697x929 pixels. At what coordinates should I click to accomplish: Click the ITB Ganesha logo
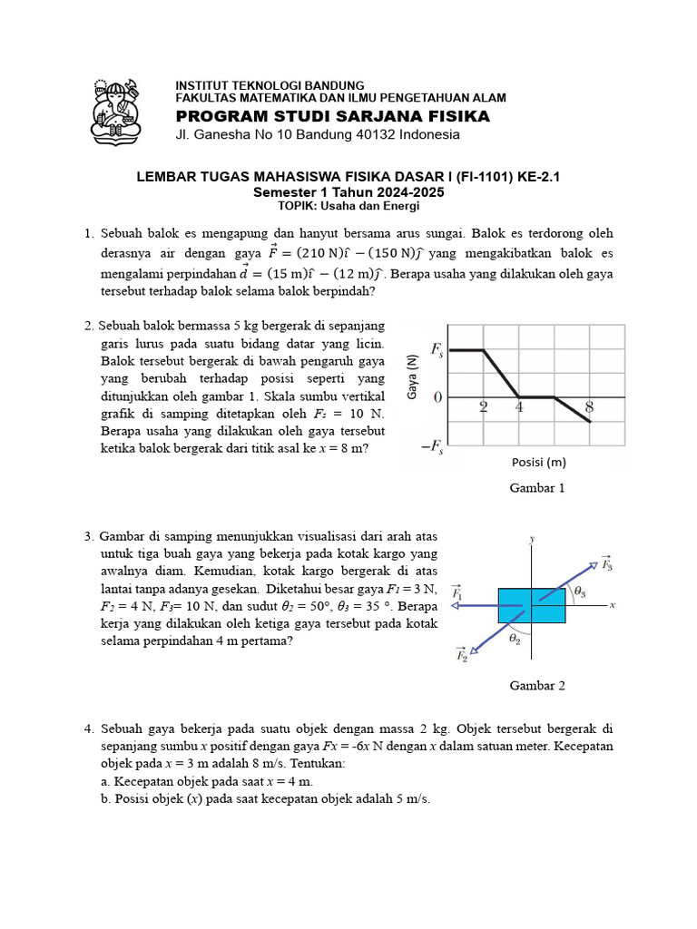[115, 111]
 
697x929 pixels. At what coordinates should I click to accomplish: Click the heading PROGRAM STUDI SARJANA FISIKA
[332, 116]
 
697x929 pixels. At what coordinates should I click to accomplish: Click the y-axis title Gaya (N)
[412, 376]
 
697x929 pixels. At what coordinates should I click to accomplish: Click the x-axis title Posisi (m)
[538, 461]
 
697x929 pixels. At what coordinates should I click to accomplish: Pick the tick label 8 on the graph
[589, 407]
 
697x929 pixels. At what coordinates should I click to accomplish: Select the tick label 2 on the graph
[484, 407]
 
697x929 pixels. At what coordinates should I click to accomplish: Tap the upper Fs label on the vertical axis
[437, 349]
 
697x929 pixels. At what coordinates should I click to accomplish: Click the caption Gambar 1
[537, 488]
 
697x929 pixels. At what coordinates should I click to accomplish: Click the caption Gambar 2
[537, 686]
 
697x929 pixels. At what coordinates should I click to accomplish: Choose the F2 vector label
[461, 653]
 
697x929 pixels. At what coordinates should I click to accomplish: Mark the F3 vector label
[606, 563]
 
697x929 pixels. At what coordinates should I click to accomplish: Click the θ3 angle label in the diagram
[580, 592]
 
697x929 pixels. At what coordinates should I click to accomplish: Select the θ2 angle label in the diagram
[515, 638]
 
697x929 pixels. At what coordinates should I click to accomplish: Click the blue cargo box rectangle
[532, 605]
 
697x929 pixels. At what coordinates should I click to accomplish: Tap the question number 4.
[89, 729]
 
